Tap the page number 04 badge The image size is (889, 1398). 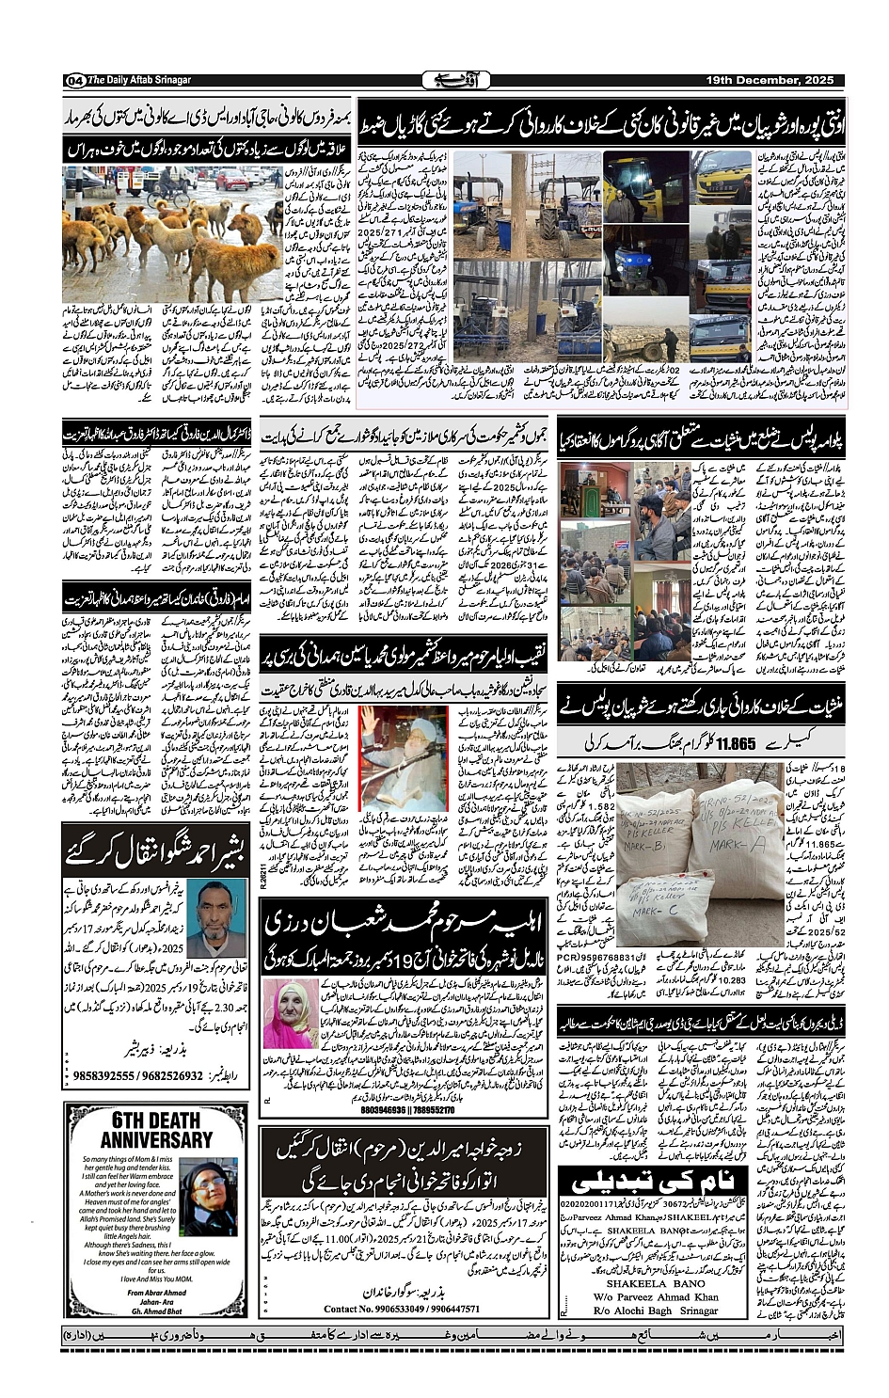(74, 81)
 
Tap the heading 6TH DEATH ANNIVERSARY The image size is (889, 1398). (156, 1129)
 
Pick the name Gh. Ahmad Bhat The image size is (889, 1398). (156, 1311)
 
